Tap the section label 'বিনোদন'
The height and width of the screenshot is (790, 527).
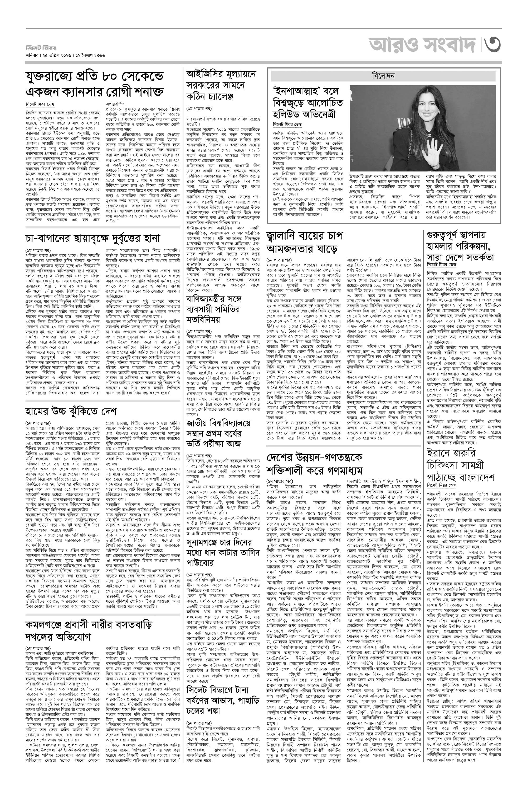[x=383, y=76]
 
